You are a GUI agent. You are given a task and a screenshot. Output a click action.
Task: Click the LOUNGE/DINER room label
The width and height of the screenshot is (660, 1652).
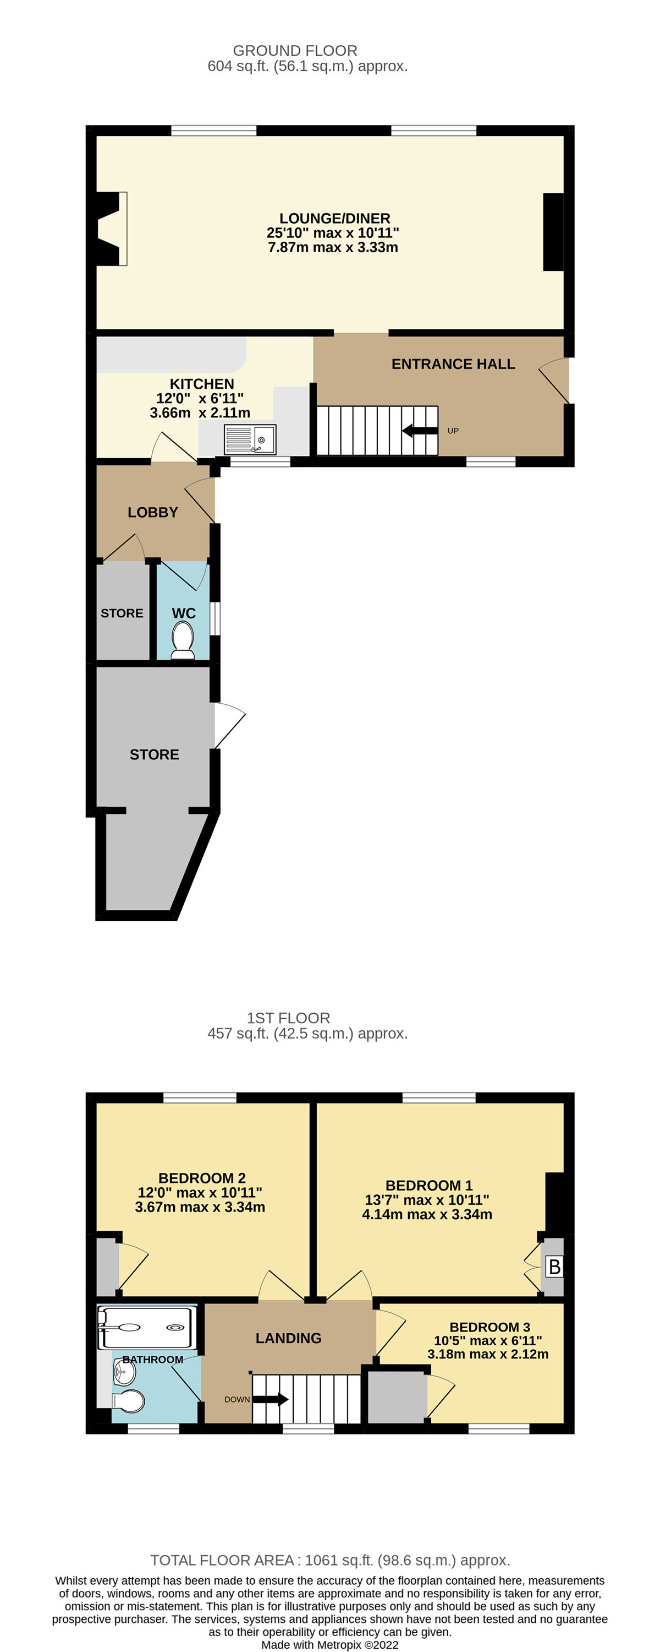334,219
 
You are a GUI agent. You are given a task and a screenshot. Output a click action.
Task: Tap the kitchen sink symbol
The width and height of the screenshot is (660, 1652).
250,439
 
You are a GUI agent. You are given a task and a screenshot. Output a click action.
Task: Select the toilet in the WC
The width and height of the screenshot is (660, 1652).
183,640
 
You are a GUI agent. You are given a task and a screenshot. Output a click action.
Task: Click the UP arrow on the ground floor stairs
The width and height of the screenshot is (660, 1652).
420,430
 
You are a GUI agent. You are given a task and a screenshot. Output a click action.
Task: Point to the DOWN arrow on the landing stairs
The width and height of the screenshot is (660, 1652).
269,1399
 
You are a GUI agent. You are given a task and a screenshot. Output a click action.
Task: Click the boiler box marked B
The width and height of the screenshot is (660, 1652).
554,1267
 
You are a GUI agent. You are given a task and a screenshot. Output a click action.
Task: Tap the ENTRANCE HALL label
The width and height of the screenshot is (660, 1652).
453,364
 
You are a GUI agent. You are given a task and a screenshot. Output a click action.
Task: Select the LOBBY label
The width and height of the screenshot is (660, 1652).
152,513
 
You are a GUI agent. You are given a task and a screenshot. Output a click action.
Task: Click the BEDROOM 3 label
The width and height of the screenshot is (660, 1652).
490,1327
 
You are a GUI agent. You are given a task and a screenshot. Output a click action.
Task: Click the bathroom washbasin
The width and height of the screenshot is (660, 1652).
124,1372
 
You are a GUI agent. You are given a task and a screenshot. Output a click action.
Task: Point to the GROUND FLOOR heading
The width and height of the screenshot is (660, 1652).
295,51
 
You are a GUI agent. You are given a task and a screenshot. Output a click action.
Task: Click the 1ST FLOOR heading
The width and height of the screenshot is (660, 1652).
288,1018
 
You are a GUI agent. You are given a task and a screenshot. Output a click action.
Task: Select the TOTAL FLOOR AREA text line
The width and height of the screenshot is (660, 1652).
330,1560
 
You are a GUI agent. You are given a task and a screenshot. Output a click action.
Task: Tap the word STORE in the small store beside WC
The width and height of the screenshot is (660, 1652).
122,613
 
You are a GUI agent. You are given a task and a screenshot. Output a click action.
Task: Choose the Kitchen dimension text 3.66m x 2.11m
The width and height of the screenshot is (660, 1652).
200,413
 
